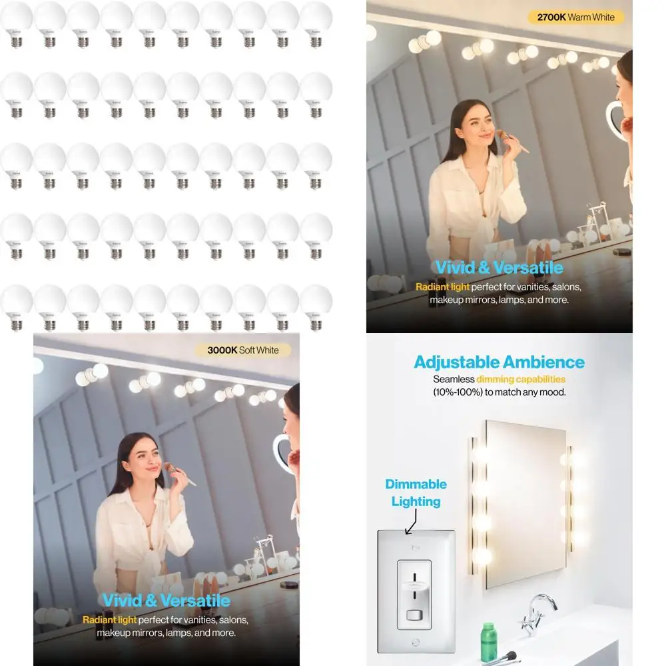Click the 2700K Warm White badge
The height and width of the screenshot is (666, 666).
point(575,17)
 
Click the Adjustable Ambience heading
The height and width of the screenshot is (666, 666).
point(499,362)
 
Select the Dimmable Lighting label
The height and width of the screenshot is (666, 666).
point(416,492)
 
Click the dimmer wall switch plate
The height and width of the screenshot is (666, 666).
point(416,591)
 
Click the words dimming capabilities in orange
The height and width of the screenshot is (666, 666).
point(530,379)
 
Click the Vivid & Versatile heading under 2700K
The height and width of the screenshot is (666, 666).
point(499,268)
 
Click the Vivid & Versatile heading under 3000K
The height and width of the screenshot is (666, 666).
point(166,601)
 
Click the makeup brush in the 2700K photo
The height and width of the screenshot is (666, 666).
point(513,138)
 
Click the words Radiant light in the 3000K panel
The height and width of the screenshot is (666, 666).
point(109,620)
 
